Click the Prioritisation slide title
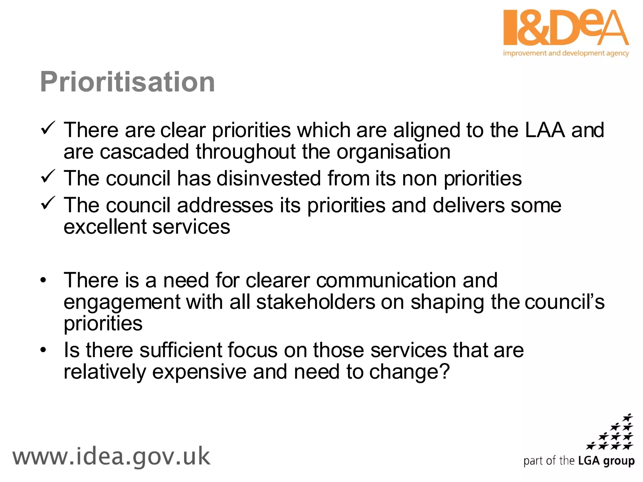[127, 82]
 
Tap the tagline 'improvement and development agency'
[566, 53]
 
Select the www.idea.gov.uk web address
[111, 457]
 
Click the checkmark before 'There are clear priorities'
[48, 129]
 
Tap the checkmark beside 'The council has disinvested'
[48, 177]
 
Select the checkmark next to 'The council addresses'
[48, 203]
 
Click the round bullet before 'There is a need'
[43, 280]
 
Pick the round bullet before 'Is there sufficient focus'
[43, 350]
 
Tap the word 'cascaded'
[144, 152]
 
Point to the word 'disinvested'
[269, 178]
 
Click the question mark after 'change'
[445, 371]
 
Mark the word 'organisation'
[393, 152]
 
